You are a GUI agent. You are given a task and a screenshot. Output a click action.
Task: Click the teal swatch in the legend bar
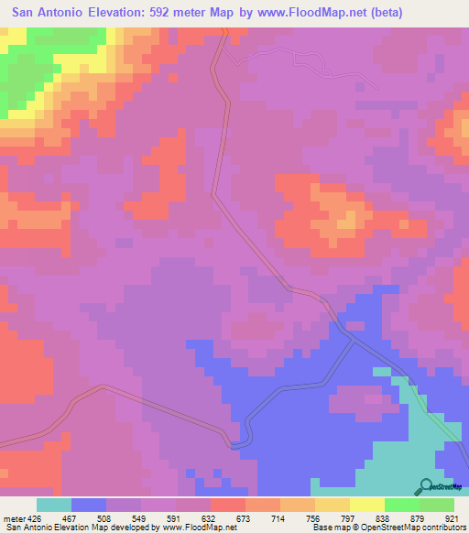tap(54, 504)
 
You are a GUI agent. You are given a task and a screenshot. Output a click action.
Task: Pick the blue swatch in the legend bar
tap(89, 504)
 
